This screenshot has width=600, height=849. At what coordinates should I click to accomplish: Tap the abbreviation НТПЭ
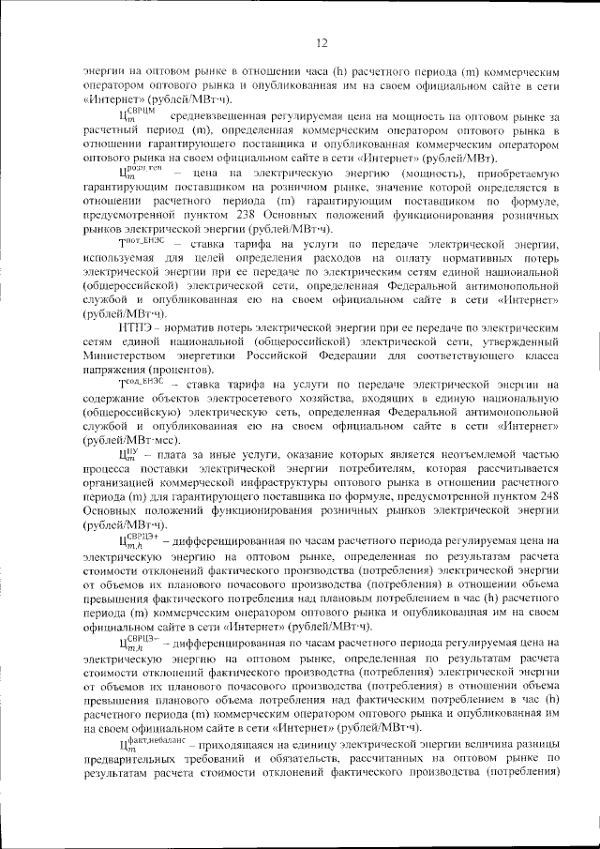coord(139,328)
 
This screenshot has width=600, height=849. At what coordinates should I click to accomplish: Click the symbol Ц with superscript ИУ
coord(131,454)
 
